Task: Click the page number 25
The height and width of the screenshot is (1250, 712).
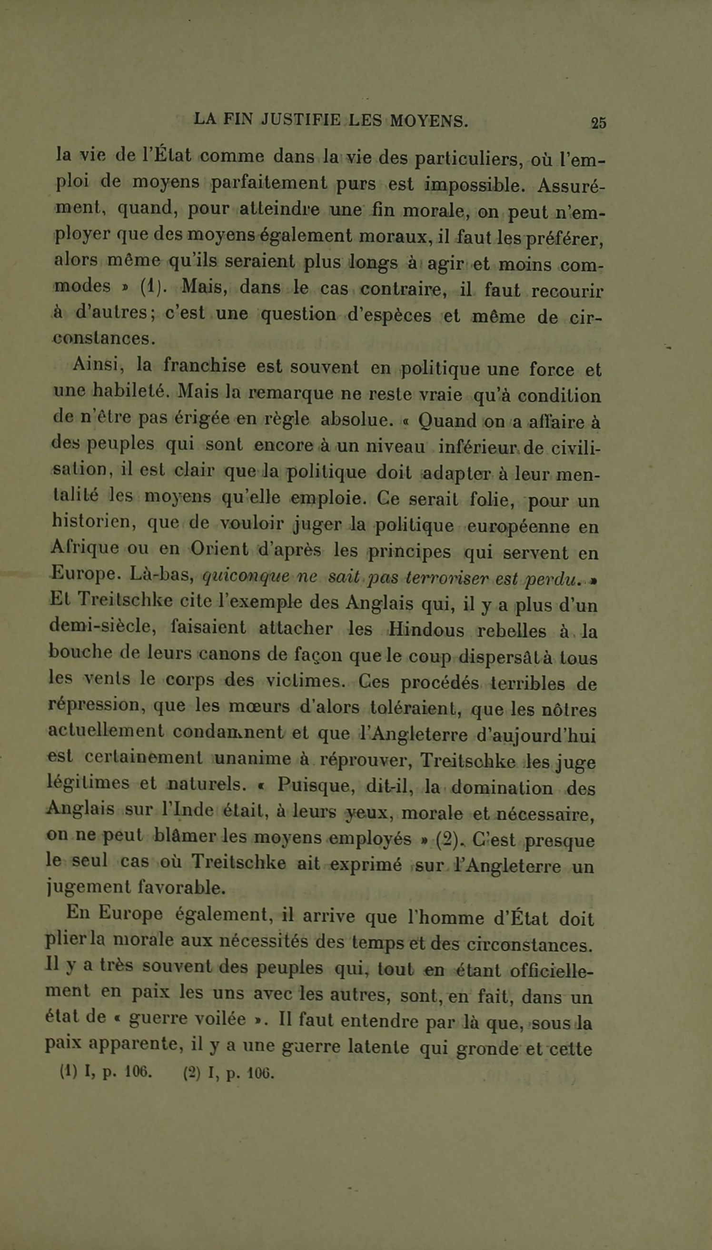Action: point(599,122)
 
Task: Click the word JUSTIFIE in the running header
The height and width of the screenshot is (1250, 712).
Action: point(300,119)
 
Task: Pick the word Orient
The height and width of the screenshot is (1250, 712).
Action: point(219,549)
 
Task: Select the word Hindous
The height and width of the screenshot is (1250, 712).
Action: point(426,630)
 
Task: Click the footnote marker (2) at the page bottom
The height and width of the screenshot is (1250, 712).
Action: point(192,1073)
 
